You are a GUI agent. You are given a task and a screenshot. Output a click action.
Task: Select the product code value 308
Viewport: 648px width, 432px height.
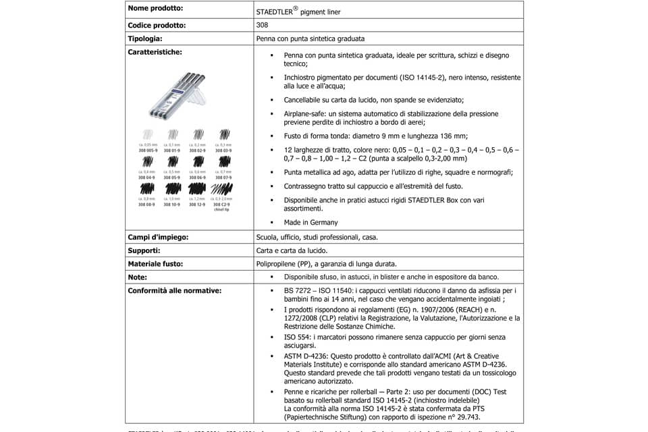(x=262, y=26)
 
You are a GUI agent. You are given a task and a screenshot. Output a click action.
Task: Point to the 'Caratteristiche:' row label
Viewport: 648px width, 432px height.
(x=155, y=51)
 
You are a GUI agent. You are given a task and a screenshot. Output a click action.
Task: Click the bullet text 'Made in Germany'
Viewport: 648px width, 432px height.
(x=301, y=222)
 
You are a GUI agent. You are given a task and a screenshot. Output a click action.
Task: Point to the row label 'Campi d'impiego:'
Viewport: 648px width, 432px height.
(x=158, y=238)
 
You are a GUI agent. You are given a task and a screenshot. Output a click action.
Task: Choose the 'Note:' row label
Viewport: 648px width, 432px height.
(x=137, y=277)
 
